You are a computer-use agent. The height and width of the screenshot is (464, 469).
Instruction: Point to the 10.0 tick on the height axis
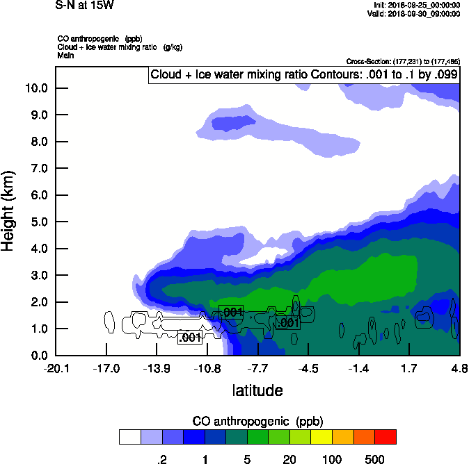36,88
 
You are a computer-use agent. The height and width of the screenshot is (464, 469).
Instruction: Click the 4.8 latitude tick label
459,367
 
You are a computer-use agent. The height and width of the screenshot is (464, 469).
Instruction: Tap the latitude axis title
257,390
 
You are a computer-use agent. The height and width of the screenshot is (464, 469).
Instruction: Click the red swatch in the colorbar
385,437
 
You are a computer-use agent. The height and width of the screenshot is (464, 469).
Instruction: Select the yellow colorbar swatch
321,437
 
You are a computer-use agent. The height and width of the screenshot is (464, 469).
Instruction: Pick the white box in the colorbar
129,437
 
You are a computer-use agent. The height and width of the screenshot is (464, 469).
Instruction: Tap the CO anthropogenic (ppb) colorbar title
257,421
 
